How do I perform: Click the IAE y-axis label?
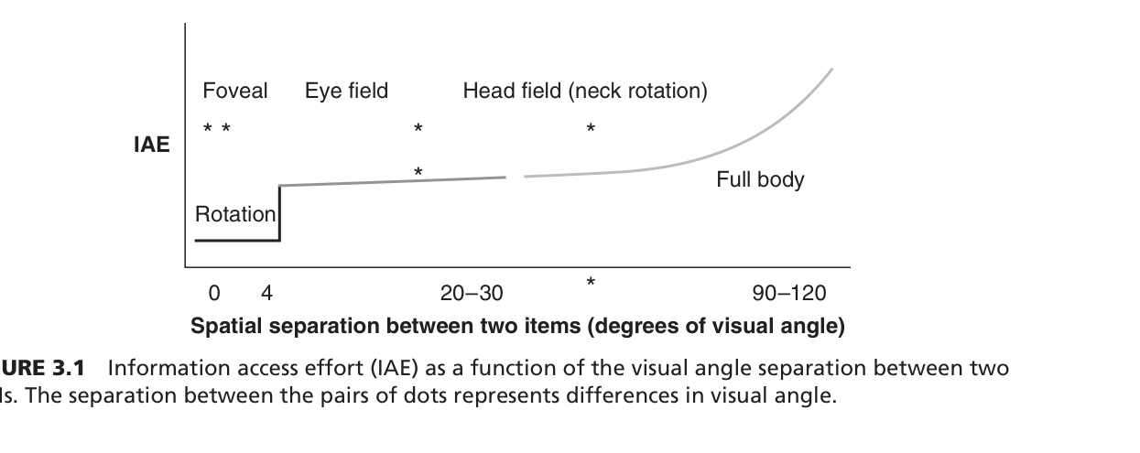pyautogui.click(x=152, y=145)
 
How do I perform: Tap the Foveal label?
pyautogui.click(x=235, y=91)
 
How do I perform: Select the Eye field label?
pyautogui.click(x=346, y=91)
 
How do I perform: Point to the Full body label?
pyautogui.click(x=760, y=179)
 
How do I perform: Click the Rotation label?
pyautogui.click(x=235, y=214)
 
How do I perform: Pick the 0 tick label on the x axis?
pyautogui.click(x=213, y=294)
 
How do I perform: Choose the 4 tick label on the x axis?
pyautogui.click(x=266, y=294)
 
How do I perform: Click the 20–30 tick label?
pyautogui.click(x=472, y=294)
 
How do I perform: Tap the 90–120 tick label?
pyautogui.click(x=788, y=294)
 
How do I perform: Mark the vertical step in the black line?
pyautogui.click(x=279, y=213)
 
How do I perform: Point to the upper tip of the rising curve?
pyautogui.click(x=831, y=70)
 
